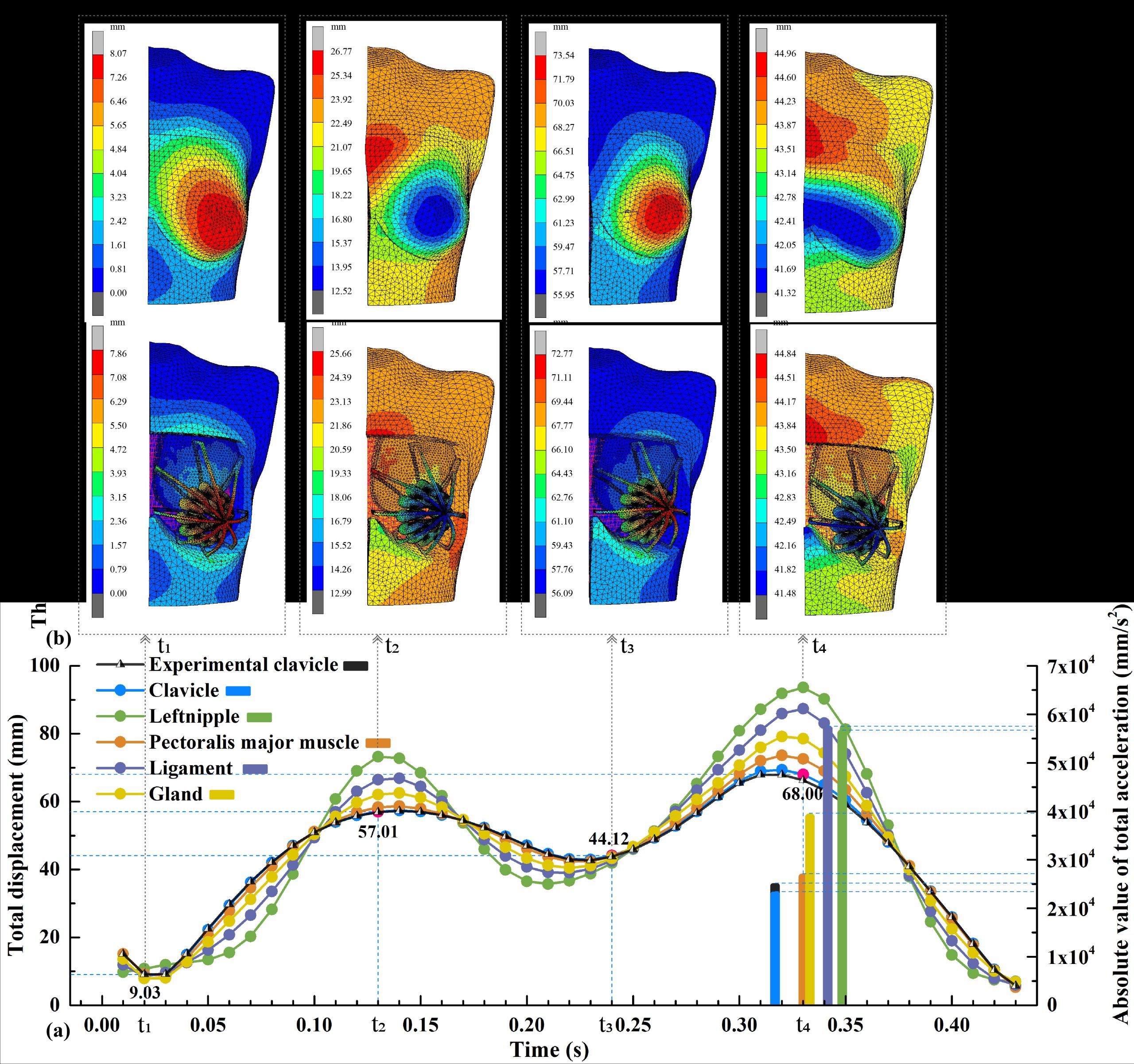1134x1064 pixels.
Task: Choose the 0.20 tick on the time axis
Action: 527,1025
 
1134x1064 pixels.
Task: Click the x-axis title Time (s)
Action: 549,1050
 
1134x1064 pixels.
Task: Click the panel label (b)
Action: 59,638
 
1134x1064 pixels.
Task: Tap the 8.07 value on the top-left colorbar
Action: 118,54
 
